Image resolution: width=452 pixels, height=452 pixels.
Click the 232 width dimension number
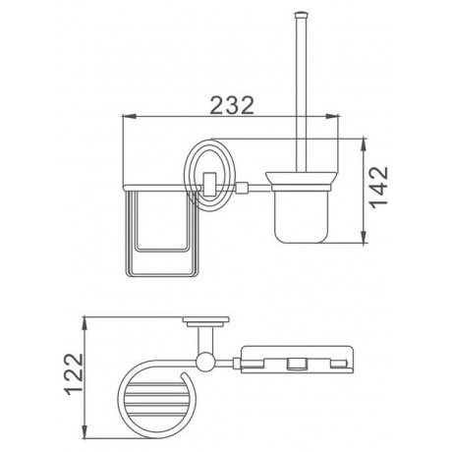tap(232, 105)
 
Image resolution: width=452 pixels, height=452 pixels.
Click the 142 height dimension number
tap(378, 188)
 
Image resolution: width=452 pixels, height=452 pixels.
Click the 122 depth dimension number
tap(74, 373)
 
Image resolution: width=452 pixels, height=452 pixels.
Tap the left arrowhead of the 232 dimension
tap(129, 116)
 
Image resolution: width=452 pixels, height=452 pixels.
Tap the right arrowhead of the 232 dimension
tap(331, 116)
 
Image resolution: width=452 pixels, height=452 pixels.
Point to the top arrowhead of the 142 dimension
tap(364, 145)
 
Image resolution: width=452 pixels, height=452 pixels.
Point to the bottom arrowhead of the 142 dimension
tap(364, 237)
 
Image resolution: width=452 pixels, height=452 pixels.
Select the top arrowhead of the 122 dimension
tap(85, 323)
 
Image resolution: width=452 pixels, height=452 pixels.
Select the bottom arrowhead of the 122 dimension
tap(85, 429)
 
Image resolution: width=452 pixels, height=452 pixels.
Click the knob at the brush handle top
tap(301, 15)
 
